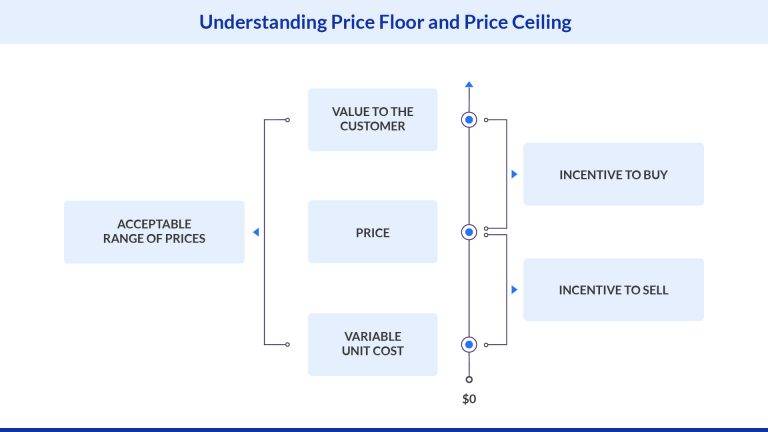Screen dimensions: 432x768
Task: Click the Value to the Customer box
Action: click(372, 120)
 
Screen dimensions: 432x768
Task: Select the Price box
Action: click(372, 232)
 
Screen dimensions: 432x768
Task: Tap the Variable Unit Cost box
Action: click(372, 344)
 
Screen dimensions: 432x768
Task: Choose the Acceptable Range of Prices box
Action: click(154, 232)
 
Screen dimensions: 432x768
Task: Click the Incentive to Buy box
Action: click(613, 174)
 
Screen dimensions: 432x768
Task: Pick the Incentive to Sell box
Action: click(613, 290)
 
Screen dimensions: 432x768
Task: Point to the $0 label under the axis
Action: click(469, 399)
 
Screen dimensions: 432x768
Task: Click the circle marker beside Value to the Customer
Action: click(469, 120)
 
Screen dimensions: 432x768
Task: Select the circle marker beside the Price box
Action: click(469, 232)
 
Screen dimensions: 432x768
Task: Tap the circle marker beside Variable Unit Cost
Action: click(469, 344)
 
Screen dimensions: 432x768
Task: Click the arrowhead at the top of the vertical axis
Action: click(469, 84)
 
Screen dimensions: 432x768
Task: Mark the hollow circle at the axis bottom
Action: click(469, 379)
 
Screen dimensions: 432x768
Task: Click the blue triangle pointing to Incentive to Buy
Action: click(514, 174)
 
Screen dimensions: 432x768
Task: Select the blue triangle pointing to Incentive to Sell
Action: click(514, 290)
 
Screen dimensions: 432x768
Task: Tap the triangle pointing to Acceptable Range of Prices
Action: click(256, 232)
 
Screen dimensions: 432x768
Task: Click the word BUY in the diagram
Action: click(655, 174)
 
